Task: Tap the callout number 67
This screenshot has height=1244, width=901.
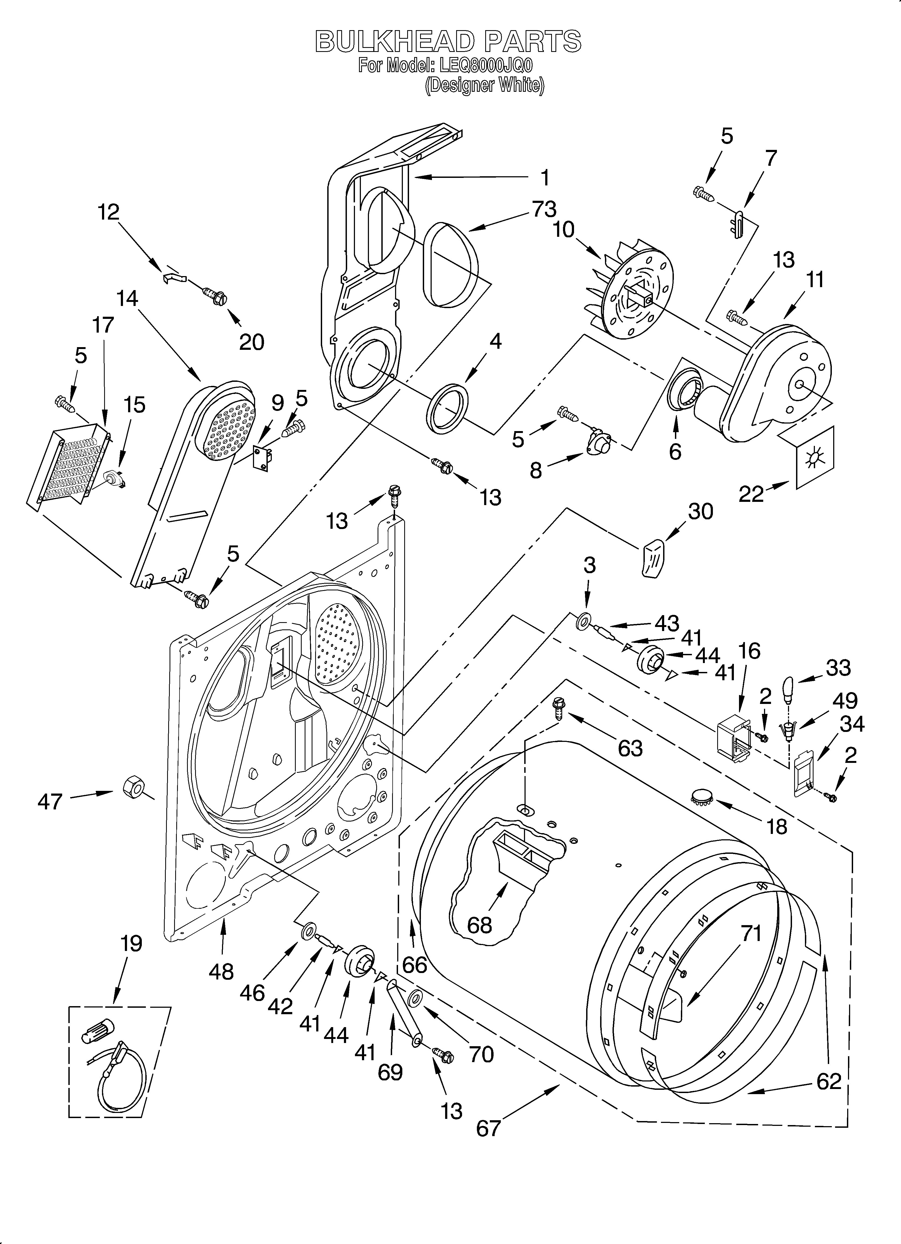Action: (x=488, y=1128)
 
